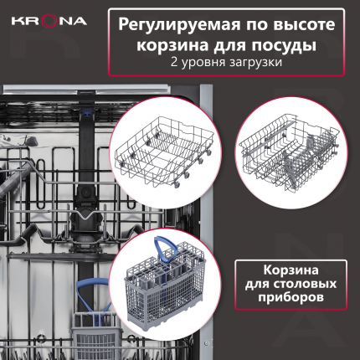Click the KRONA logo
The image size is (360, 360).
point(49,21)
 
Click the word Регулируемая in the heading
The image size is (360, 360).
point(179,25)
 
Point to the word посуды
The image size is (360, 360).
point(284,46)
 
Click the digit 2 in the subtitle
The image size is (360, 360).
point(174,62)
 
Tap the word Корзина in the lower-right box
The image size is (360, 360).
point(291,270)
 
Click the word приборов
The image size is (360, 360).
point(291,297)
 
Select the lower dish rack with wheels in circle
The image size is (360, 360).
point(165,152)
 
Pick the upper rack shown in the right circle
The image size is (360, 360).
point(291,153)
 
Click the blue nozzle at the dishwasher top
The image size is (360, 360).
point(86,115)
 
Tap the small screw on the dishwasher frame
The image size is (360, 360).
point(206,342)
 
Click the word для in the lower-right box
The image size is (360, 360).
point(256,285)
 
